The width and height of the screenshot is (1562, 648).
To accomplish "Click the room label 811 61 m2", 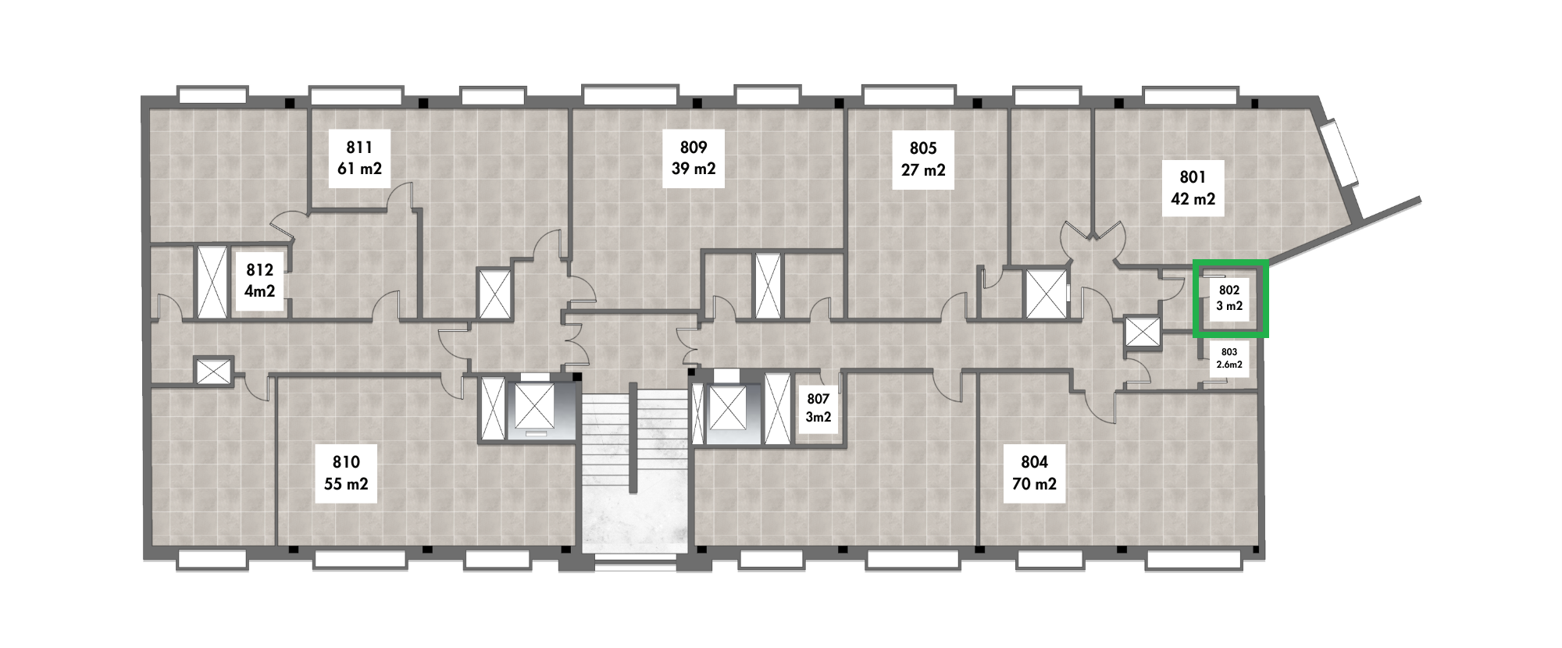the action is point(359,158).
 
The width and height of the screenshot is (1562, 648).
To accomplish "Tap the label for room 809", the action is point(694,158).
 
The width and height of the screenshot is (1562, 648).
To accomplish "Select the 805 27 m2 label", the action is point(923,159).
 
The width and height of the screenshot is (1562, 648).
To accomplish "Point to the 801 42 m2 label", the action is point(1193,188).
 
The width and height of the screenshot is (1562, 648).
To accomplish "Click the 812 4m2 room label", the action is point(260,280).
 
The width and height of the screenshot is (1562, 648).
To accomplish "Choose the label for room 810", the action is point(346,473).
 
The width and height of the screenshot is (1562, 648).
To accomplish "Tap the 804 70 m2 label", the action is point(1034,473).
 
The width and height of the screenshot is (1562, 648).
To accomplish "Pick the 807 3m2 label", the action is point(818,408).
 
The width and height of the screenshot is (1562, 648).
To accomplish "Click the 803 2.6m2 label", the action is point(1229,358).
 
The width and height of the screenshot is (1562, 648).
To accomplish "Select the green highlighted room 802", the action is point(1230,298).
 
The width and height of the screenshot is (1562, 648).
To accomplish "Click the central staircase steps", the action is point(633,437).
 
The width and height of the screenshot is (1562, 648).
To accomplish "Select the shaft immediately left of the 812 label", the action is point(211,282).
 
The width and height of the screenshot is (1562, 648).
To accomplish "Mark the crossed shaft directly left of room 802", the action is point(1143,332).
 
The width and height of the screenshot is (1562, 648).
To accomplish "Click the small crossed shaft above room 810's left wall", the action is point(213,371).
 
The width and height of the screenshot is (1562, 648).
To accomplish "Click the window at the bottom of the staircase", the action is point(634,562).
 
